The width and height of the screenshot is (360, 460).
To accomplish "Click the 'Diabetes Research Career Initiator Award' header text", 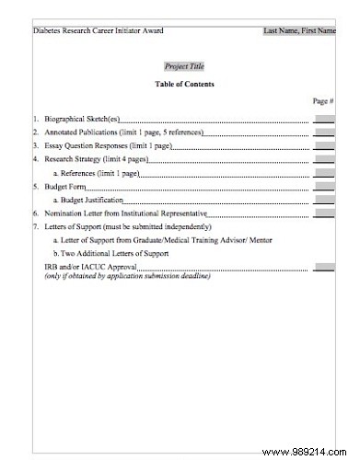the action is coord(98,30).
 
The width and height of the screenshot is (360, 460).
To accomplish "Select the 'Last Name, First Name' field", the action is coord(299,30).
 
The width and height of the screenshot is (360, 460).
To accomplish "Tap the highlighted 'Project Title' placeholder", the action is coord(184,66).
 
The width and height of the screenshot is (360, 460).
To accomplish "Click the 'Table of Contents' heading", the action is coord(184,84).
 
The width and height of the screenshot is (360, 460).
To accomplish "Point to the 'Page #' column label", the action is coord(322,100).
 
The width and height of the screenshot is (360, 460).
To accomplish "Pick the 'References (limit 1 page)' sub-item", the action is coord(99,173).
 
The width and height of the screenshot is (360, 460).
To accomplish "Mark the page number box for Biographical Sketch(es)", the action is coord(324,120).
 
